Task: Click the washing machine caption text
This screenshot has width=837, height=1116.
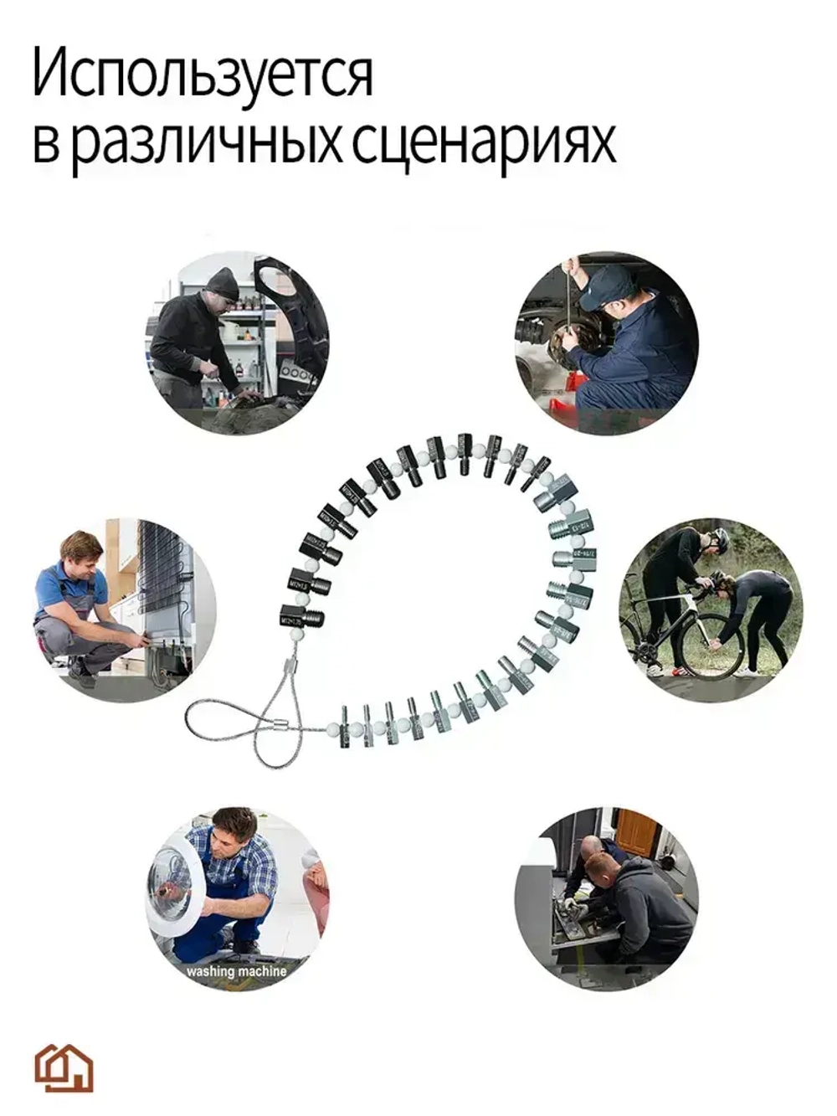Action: click(235, 971)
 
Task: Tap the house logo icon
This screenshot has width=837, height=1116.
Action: click(64, 1067)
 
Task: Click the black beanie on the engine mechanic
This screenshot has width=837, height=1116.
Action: click(222, 281)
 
